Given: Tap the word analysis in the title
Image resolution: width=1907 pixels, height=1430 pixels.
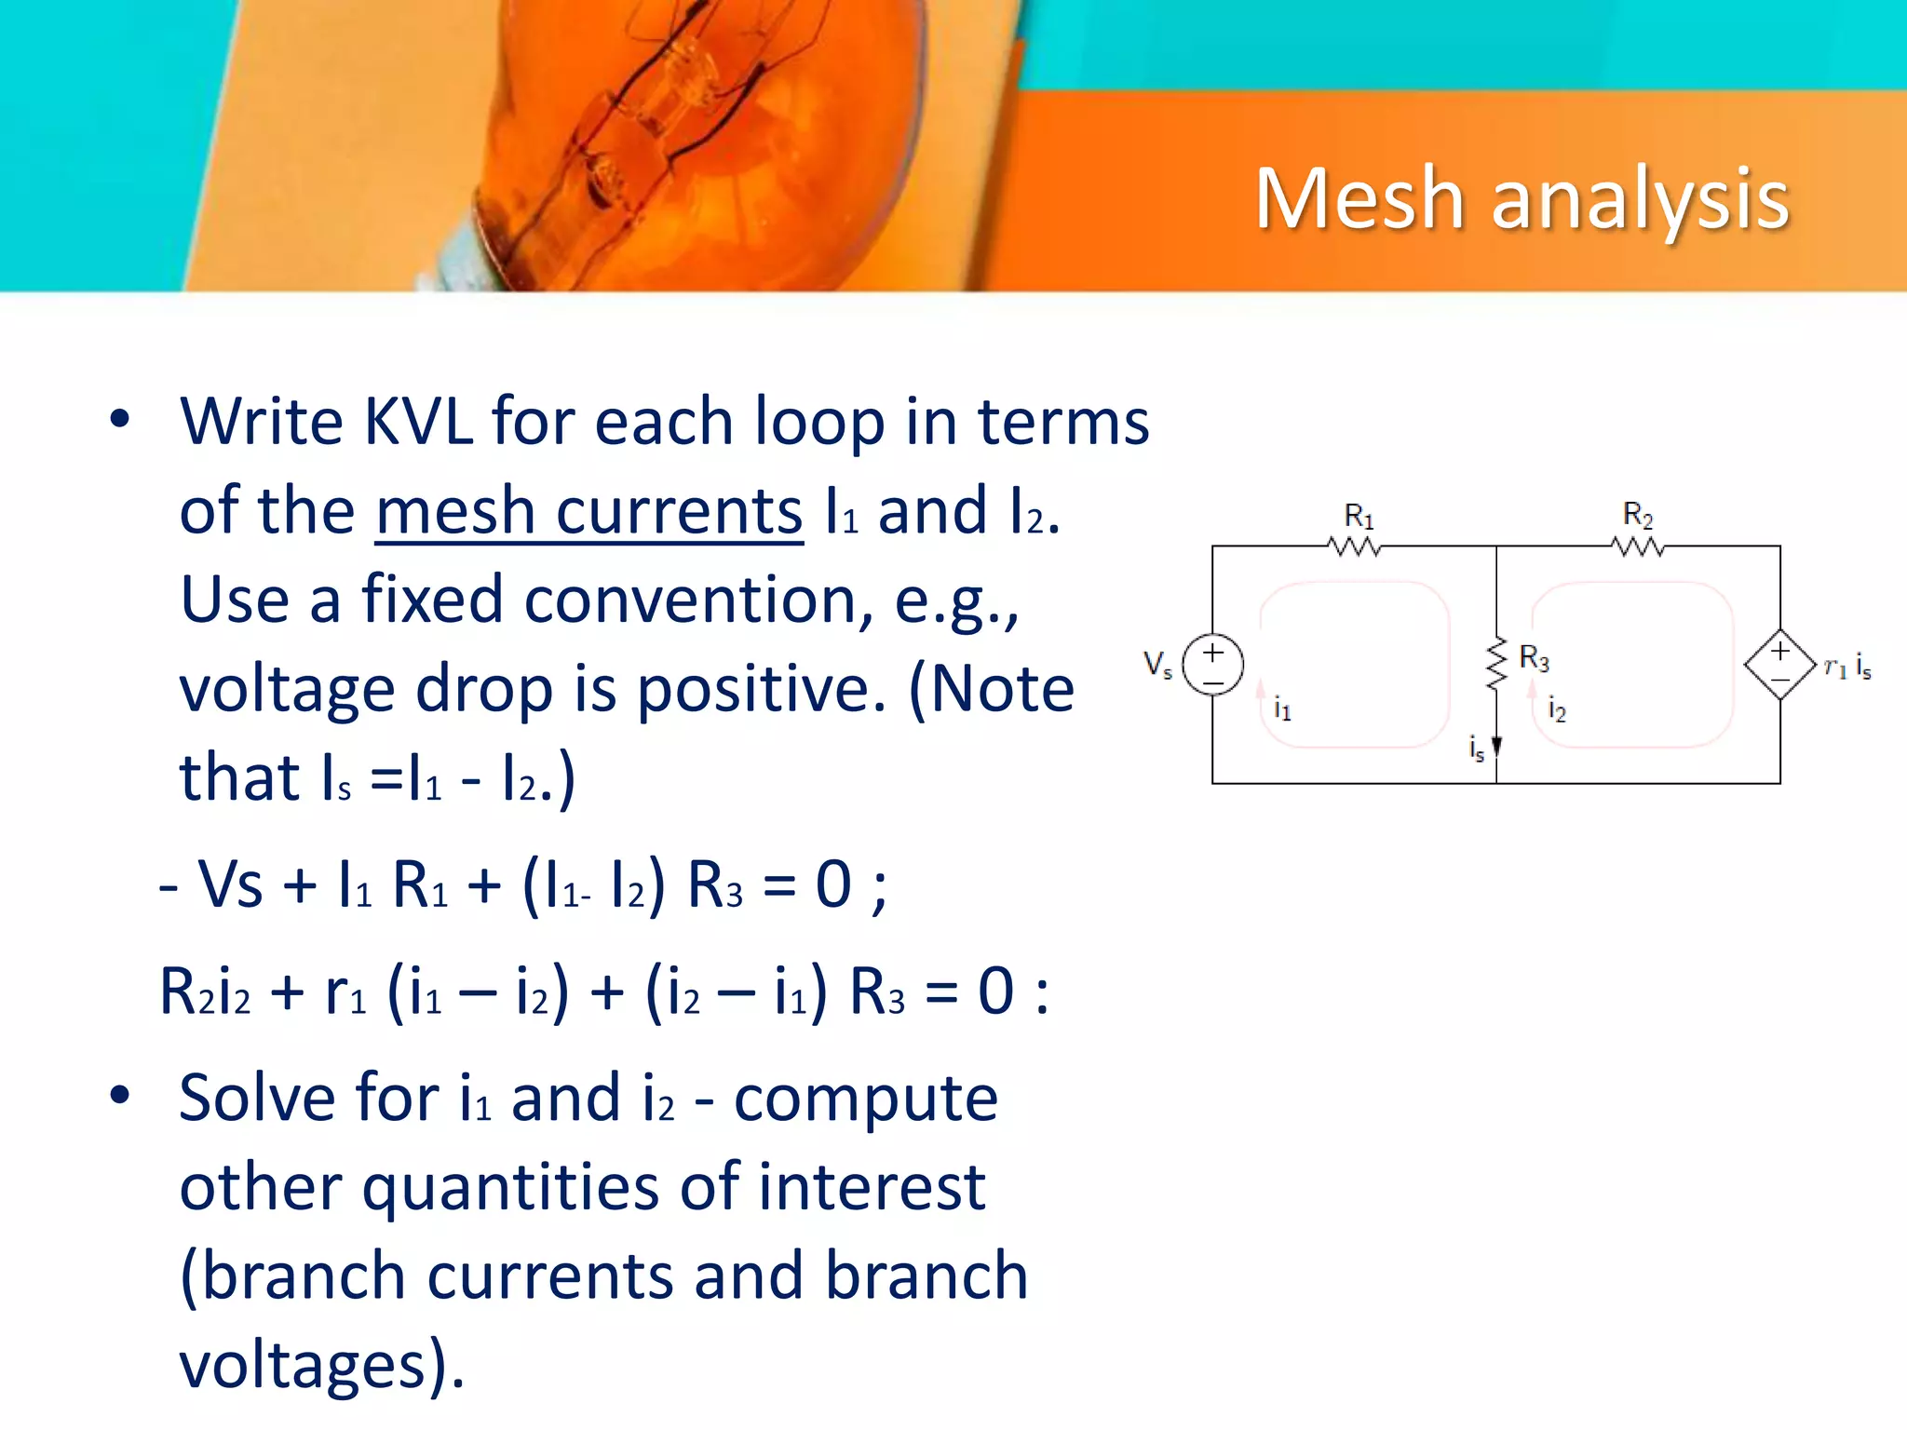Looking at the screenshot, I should tap(1640, 201).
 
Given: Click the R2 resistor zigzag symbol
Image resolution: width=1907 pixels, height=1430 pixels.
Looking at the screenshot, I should tap(1637, 546).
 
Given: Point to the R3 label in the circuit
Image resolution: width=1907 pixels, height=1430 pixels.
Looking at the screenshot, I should tap(1534, 658).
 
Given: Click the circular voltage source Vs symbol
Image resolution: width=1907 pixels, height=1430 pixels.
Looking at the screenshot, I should tap(1212, 665).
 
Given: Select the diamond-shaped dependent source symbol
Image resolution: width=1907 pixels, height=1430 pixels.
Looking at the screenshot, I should tap(1779, 665).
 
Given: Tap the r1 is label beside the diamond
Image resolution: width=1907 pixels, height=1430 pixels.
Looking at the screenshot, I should tap(1847, 667).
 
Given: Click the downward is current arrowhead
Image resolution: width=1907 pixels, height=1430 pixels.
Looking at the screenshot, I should tap(1496, 746).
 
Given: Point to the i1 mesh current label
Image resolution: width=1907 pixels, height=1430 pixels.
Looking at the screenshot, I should tap(1282, 709).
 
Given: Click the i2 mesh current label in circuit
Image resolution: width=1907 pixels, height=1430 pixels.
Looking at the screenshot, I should tap(1556, 709).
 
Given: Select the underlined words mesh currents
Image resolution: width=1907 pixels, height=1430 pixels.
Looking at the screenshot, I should tap(588, 511).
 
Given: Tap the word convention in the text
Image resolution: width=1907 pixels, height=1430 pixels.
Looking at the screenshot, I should tap(698, 600).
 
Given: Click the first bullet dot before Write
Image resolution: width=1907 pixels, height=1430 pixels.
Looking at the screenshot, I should tap(119, 418).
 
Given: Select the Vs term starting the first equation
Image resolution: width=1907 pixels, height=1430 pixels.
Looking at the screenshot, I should tap(230, 884).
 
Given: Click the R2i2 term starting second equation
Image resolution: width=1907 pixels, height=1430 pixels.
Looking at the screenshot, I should tap(205, 992).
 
